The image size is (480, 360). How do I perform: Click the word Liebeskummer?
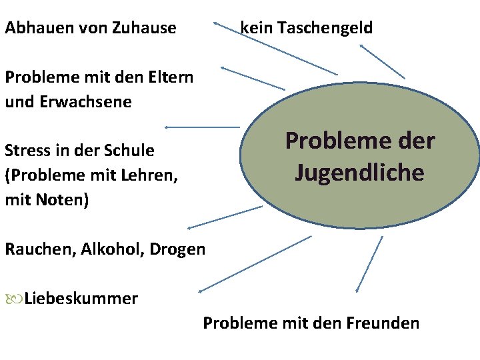click(81, 298)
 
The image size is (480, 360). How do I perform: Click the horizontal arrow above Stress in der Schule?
click(201, 127)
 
